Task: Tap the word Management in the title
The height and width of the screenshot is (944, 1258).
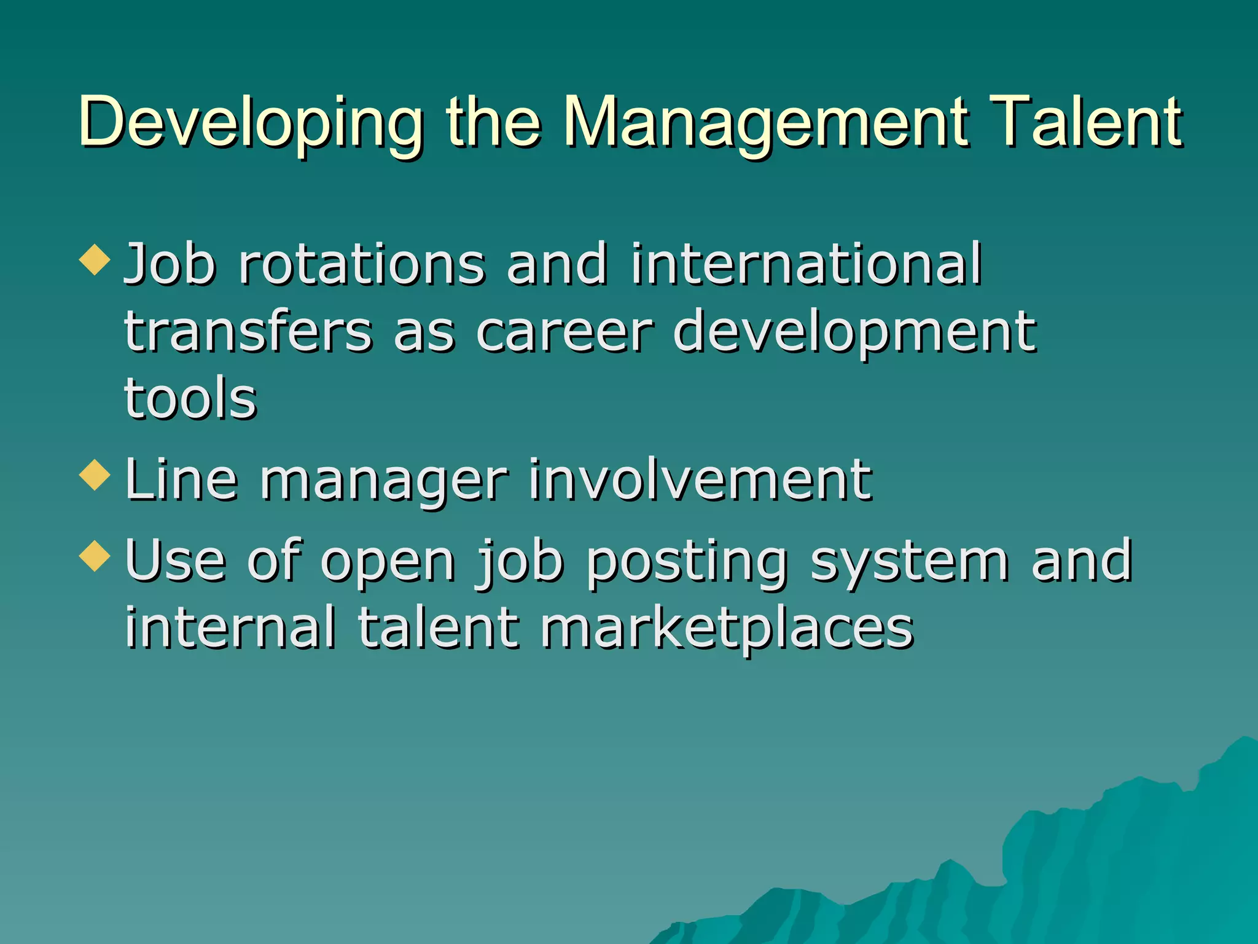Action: coord(765,123)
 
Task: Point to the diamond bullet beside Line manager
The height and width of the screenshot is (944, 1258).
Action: coord(95,475)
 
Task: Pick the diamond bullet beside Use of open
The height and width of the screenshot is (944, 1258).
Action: coord(95,556)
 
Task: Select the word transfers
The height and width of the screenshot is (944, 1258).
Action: coord(248,332)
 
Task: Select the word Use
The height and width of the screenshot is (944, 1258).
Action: coord(175,560)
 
